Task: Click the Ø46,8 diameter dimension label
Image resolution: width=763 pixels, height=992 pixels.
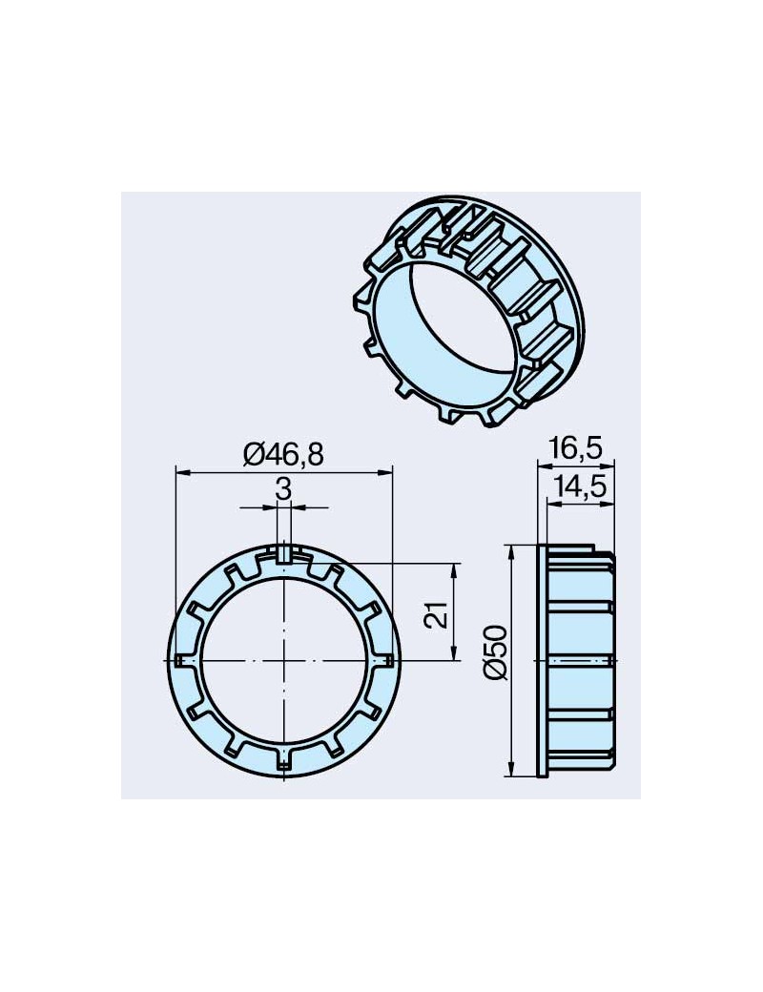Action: [283, 455]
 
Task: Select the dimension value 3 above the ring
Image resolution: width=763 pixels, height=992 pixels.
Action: [283, 490]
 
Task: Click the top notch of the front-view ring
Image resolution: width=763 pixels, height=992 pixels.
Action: [284, 553]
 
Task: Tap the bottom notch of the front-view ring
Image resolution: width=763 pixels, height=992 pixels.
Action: [284, 763]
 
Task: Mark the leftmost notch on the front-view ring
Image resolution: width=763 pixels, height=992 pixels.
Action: [181, 660]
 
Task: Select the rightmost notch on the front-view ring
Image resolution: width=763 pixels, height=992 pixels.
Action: [389, 660]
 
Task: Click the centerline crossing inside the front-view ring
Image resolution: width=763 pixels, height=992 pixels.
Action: [284, 660]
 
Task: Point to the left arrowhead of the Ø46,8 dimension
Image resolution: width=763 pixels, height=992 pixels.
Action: [181, 471]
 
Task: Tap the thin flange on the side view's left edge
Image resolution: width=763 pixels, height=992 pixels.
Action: [544, 660]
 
